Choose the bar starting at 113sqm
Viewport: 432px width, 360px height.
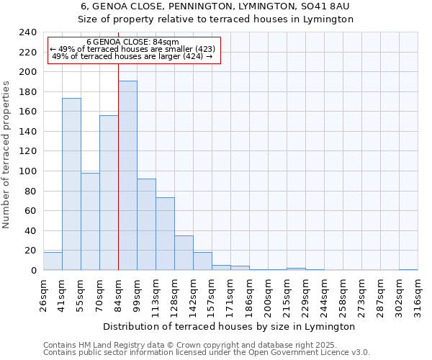[165, 234]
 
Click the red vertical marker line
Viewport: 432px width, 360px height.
[118, 166]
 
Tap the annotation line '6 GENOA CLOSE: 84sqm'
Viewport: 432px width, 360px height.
[132, 42]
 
